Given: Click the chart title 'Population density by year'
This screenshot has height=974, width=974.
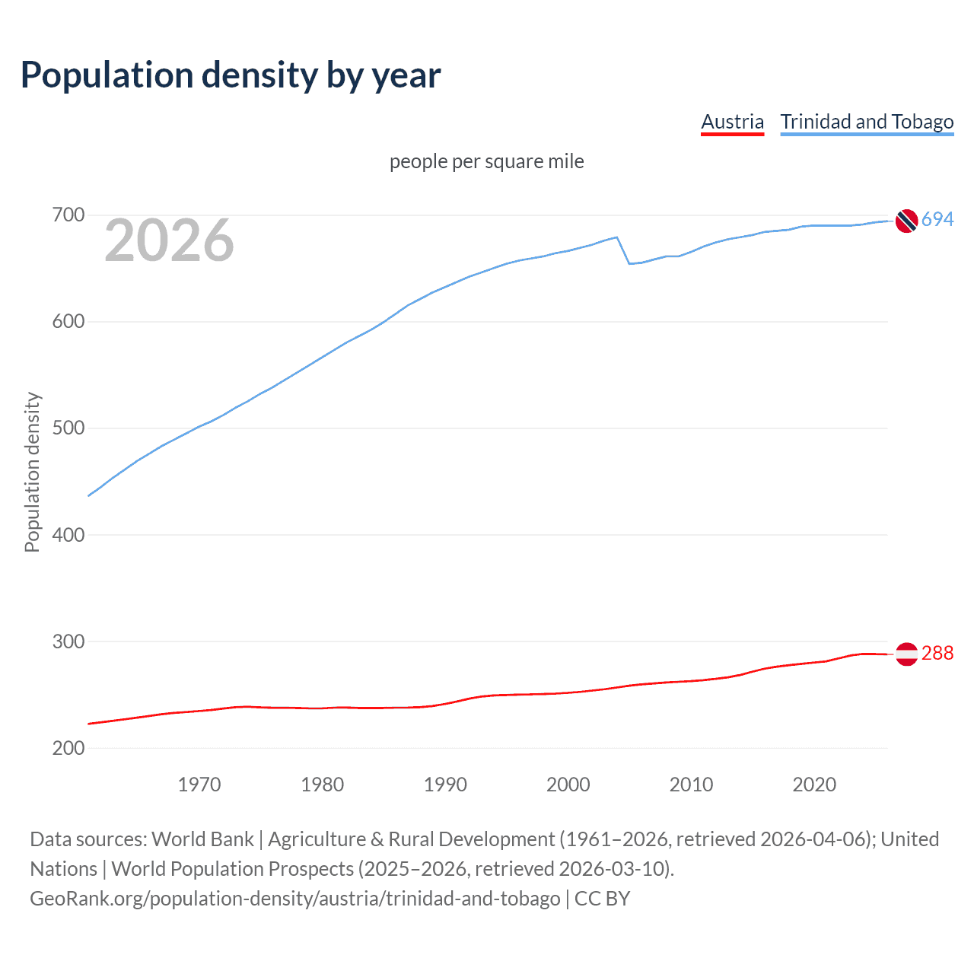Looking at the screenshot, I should pos(231,75).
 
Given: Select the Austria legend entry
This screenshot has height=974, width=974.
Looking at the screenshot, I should pos(732,122).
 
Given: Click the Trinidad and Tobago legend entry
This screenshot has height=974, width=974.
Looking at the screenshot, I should pos(867,122).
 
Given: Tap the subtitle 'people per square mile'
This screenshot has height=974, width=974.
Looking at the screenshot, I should pos(486,161).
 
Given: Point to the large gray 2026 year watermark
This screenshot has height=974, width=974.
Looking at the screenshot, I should pos(169,240).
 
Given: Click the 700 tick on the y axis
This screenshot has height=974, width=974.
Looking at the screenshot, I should pos(68,215).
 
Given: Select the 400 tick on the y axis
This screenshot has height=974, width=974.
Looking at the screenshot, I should pos(68,535).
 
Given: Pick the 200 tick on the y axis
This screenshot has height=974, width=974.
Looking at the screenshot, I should pos(68,748).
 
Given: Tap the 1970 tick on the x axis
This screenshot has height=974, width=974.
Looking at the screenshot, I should pos(199,785).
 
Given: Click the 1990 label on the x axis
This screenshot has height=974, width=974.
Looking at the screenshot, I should pos(445,785).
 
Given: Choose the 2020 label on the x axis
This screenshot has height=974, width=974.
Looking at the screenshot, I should pos(814,785).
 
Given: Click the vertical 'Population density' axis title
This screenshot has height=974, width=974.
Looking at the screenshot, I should pos(32,472).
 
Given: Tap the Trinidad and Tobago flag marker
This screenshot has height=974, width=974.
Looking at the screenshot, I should pos(906,221).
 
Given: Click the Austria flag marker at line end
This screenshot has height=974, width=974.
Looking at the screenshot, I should pos(906,654).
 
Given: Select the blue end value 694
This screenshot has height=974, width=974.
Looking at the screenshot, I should pos(937,219).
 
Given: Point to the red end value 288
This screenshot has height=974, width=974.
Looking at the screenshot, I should pos(937,653).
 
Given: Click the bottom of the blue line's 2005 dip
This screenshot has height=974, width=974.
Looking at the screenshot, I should pos(630,263).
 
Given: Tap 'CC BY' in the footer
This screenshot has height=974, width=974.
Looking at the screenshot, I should pos(602,898).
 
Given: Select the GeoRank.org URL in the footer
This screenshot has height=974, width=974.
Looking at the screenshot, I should pos(294,898).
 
